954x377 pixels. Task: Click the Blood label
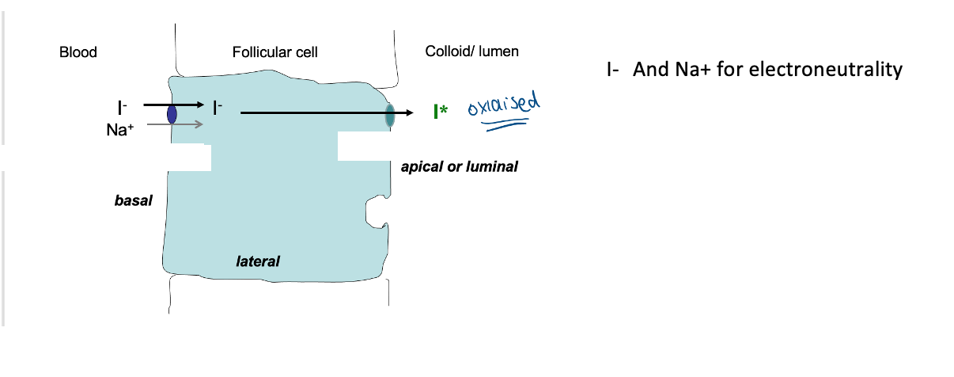pos(78,52)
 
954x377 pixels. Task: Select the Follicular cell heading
pos(275,52)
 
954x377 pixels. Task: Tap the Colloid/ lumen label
pos(472,51)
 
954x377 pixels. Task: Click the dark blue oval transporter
pos(172,114)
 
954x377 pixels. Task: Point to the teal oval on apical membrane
pos(389,115)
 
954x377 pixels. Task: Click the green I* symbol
pos(440,112)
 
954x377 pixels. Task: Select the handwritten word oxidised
pos(503,105)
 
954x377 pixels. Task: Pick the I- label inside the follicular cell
pos(218,107)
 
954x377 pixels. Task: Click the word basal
pos(133,201)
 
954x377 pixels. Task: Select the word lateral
pos(258,260)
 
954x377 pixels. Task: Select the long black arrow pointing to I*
pos(324,113)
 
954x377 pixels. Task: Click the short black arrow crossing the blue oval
pos(172,104)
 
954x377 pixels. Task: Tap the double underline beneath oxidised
pos(506,124)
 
